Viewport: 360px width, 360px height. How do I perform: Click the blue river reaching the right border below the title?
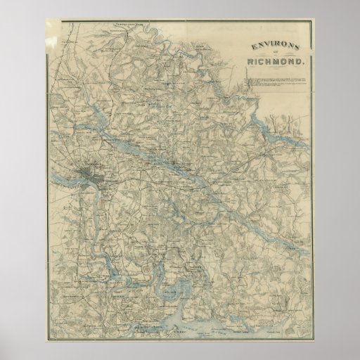(x=281, y=134)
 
